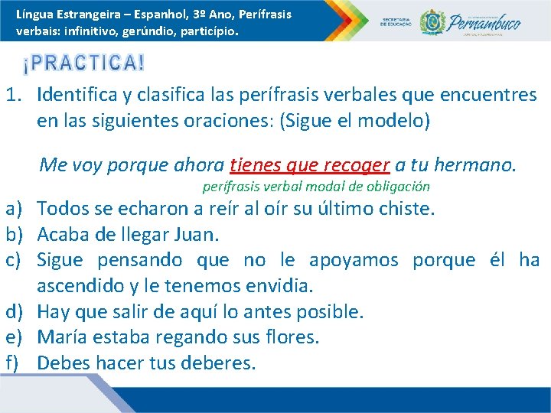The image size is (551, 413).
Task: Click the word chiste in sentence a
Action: (x=406, y=209)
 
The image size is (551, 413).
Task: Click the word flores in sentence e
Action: (x=287, y=337)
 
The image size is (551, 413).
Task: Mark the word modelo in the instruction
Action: (x=392, y=122)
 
